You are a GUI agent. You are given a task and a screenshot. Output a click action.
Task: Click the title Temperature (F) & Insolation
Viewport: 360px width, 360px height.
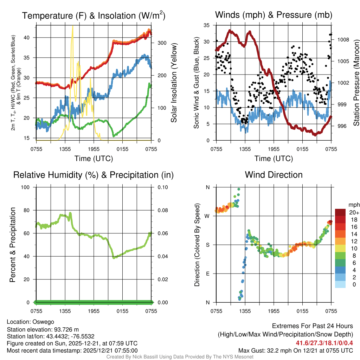pos(94,16)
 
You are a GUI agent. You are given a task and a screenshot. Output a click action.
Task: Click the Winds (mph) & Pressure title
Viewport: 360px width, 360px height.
pos(274,15)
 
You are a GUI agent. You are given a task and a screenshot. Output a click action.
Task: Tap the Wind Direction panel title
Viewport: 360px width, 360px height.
pos(274,175)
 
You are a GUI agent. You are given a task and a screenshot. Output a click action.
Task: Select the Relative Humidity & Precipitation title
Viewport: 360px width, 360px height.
pos(94,175)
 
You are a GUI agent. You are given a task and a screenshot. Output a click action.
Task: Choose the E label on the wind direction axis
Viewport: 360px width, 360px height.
pos(207,274)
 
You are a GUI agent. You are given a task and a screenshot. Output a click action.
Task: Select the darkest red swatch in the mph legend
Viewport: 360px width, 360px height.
pos(340,212)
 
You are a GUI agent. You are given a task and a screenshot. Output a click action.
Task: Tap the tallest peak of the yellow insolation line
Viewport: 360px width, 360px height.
pos(72,26)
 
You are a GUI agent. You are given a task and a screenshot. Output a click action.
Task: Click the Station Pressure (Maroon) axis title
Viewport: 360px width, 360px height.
pos(356,83)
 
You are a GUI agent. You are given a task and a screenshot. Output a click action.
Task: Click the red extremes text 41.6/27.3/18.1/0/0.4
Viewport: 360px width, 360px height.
pos(324,343)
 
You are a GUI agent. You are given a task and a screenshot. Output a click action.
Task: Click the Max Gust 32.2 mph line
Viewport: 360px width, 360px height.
pos(295,350)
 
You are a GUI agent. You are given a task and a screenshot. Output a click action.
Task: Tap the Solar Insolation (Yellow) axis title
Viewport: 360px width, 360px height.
pos(174,83)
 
